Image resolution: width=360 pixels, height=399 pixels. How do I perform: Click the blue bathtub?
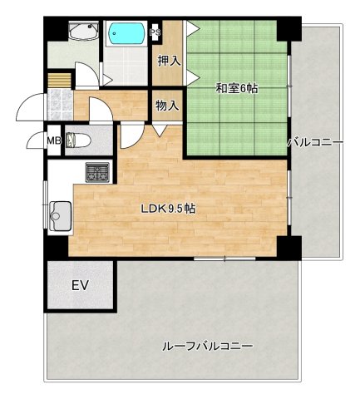127,36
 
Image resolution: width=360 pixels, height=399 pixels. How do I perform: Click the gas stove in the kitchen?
98,174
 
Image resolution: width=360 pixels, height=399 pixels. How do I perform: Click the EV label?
79,287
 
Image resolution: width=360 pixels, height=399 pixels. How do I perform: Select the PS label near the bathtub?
155,33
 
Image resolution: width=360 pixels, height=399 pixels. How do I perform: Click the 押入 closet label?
169,60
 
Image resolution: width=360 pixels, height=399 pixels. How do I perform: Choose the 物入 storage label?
167,106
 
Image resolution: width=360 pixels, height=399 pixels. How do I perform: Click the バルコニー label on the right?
315,142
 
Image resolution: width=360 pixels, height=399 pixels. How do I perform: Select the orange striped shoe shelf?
57,81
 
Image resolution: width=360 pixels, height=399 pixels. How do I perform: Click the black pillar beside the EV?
54,247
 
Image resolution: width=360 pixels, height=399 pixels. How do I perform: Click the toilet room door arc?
129,136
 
